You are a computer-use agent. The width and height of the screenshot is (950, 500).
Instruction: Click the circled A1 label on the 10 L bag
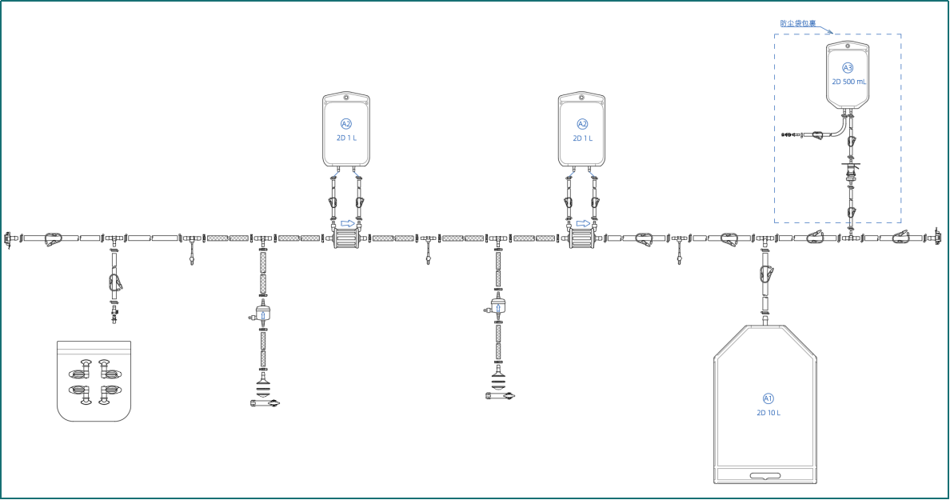pyautogui.click(x=768, y=398)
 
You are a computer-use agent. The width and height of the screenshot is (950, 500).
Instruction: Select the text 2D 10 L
pyautogui.click(x=768, y=413)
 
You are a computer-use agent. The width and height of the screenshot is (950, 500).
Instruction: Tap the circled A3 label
pyautogui.click(x=848, y=68)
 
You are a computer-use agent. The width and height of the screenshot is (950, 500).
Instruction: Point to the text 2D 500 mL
pyautogui.click(x=848, y=82)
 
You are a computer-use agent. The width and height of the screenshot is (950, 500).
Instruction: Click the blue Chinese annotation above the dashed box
pyautogui.click(x=797, y=24)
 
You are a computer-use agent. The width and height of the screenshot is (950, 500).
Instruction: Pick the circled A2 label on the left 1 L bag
pyautogui.click(x=346, y=124)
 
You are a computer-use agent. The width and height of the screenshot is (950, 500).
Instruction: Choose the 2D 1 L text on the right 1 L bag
pyautogui.click(x=582, y=138)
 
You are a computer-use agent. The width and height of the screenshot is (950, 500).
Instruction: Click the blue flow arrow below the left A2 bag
pyautogui.click(x=348, y=224)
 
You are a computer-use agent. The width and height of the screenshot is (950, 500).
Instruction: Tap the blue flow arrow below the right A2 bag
pyautogui.click(x=583, y=224)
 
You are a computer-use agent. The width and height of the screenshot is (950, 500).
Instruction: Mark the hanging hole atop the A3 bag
pyautogui.click(x=848, y=46)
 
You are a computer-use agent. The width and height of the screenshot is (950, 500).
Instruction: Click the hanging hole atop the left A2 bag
pyautogui.click(x=346, y=97)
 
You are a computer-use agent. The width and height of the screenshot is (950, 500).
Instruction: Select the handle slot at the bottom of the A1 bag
pyautogui.click(x=765, y=476)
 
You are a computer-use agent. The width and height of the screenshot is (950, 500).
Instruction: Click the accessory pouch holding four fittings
pyautogui.click(x=94, y=381)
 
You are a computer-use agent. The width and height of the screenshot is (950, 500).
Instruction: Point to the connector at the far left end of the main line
pyautogui.click(x=9, y=238)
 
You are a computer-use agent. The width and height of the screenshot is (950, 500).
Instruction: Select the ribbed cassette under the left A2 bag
pyautogui.click(x=346, y=238)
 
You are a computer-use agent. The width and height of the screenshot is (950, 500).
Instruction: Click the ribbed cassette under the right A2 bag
pyautogui.click(x=581, y=238)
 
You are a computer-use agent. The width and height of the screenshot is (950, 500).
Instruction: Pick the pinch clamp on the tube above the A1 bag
pyautogui.click(x=766, y=274)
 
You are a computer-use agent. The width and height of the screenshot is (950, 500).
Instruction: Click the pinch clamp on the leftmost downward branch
pyautogui.click(x=114, y=282)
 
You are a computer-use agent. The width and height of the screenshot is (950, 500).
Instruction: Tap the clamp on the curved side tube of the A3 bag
pyautogui.click(x=817, y=134)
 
